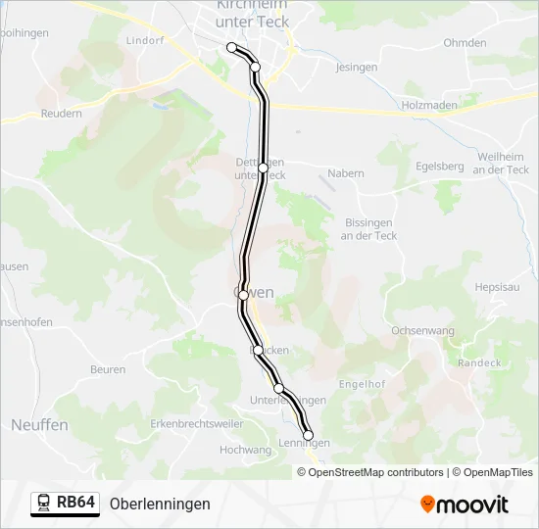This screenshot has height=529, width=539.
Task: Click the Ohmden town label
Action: coord(465,43)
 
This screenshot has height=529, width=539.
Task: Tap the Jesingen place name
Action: coord(357,68)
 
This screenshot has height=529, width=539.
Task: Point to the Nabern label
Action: coord(346,173)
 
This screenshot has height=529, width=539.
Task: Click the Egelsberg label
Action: coord(440,167)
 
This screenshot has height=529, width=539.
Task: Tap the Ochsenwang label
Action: coord(422,331)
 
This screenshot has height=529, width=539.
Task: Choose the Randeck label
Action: coord(479,362)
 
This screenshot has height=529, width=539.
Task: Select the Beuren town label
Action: coord(108,369)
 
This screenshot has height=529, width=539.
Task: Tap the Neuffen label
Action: coord(39,425)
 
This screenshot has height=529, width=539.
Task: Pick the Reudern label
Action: coord(61,114)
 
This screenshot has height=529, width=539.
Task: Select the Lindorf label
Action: coord(145,41)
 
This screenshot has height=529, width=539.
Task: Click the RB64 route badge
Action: coord(65,503)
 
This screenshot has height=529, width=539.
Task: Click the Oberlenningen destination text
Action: coord(160,504)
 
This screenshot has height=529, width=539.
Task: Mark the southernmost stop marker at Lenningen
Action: coord(309,435)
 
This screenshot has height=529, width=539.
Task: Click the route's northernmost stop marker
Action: coord(232,47)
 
